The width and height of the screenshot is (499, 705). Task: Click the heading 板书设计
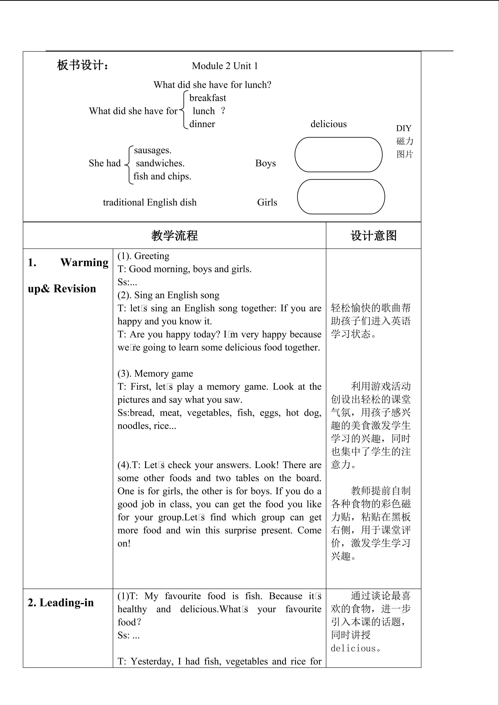(x=83, y=65)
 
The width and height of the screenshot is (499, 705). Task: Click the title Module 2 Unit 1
(x=225, y=66)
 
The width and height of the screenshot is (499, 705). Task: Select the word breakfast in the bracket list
(x=207, y=98)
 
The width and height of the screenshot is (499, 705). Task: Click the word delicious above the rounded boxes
(x=328, y=124)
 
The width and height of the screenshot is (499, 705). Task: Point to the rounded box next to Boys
(x=338, y=155)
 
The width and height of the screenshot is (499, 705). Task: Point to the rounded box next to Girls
(x=341, y=197)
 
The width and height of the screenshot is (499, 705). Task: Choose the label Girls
(x=267, y=202)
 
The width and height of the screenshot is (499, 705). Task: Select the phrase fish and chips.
(x=162, y=176)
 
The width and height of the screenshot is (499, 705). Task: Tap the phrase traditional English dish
(x=150, y=202)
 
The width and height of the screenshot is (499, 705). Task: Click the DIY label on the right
(x=403, y=128)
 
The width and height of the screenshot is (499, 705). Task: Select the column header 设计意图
(x=373, y=236)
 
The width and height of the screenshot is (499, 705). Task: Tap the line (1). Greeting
(x=143, y=256)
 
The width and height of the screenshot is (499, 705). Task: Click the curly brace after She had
(x=129, y=165)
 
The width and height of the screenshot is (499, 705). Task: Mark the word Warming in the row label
(x=84, y=263)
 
